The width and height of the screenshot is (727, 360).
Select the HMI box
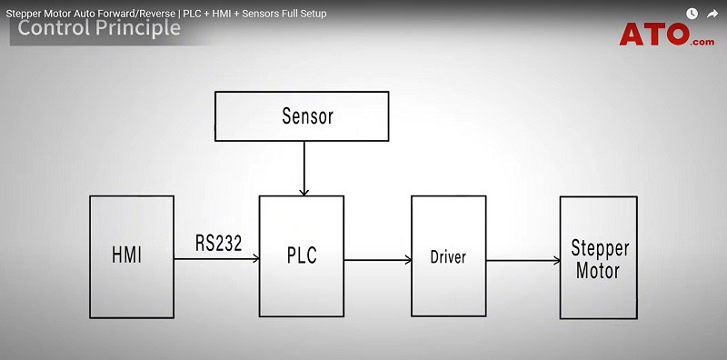131,255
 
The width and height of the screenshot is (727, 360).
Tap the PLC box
302,255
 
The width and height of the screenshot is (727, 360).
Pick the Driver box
448,256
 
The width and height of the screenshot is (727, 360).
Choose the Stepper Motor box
599,257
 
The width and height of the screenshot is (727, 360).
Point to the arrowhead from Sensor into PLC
304,191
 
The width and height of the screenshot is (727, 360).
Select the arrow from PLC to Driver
377,260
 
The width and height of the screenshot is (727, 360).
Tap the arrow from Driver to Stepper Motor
523,261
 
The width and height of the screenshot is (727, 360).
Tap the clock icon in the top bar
692,13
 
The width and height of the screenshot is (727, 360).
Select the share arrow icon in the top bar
712,13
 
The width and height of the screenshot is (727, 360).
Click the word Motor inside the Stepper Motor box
599,270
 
